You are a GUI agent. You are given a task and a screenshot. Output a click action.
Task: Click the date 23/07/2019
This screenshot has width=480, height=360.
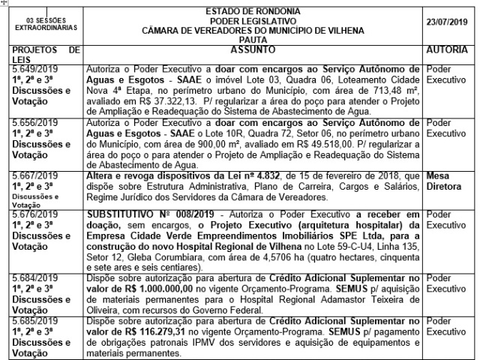click(x=448, y=19)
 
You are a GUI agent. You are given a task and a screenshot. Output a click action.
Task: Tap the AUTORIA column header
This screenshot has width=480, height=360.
click(x=448, y=49)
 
